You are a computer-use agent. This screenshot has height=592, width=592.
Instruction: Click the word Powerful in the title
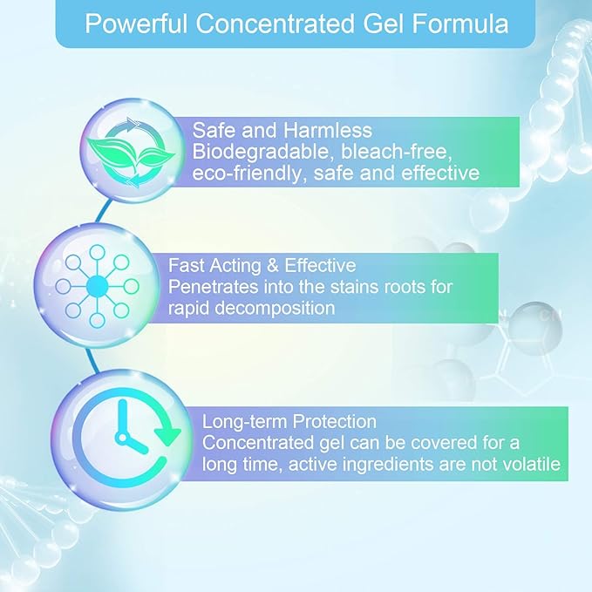pyautogui.click(x=136, y=24)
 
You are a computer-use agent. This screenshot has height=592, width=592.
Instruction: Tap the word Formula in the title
pyautogui.click(x=460, y=24)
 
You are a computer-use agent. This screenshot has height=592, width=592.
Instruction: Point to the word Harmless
pyautogui.click(x=328, y=130)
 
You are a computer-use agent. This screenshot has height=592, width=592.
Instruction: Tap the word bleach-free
pyautogui.click(x=396, y=152)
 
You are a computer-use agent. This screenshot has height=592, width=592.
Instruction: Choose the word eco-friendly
pyautogui.click(x=248, y=173)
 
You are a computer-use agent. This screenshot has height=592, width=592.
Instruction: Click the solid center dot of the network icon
pyautogui.click(x=97, y=287)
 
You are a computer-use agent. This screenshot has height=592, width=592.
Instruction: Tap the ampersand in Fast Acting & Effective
pyautogui.click(x=273, y=265)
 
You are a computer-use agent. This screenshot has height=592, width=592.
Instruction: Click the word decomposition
pyautogui.click(x=275, y=309)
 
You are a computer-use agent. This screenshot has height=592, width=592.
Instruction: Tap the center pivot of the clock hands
pyautogui.click(x=122, y=438)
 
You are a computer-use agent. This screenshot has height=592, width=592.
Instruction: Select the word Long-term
pyautogui.click(x=245, y=422)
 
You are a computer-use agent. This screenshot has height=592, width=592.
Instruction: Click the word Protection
pyautogui.click(x=335, y=421)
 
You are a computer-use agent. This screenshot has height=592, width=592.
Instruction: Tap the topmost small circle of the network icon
pyautogui.click(x=97, y=252)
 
